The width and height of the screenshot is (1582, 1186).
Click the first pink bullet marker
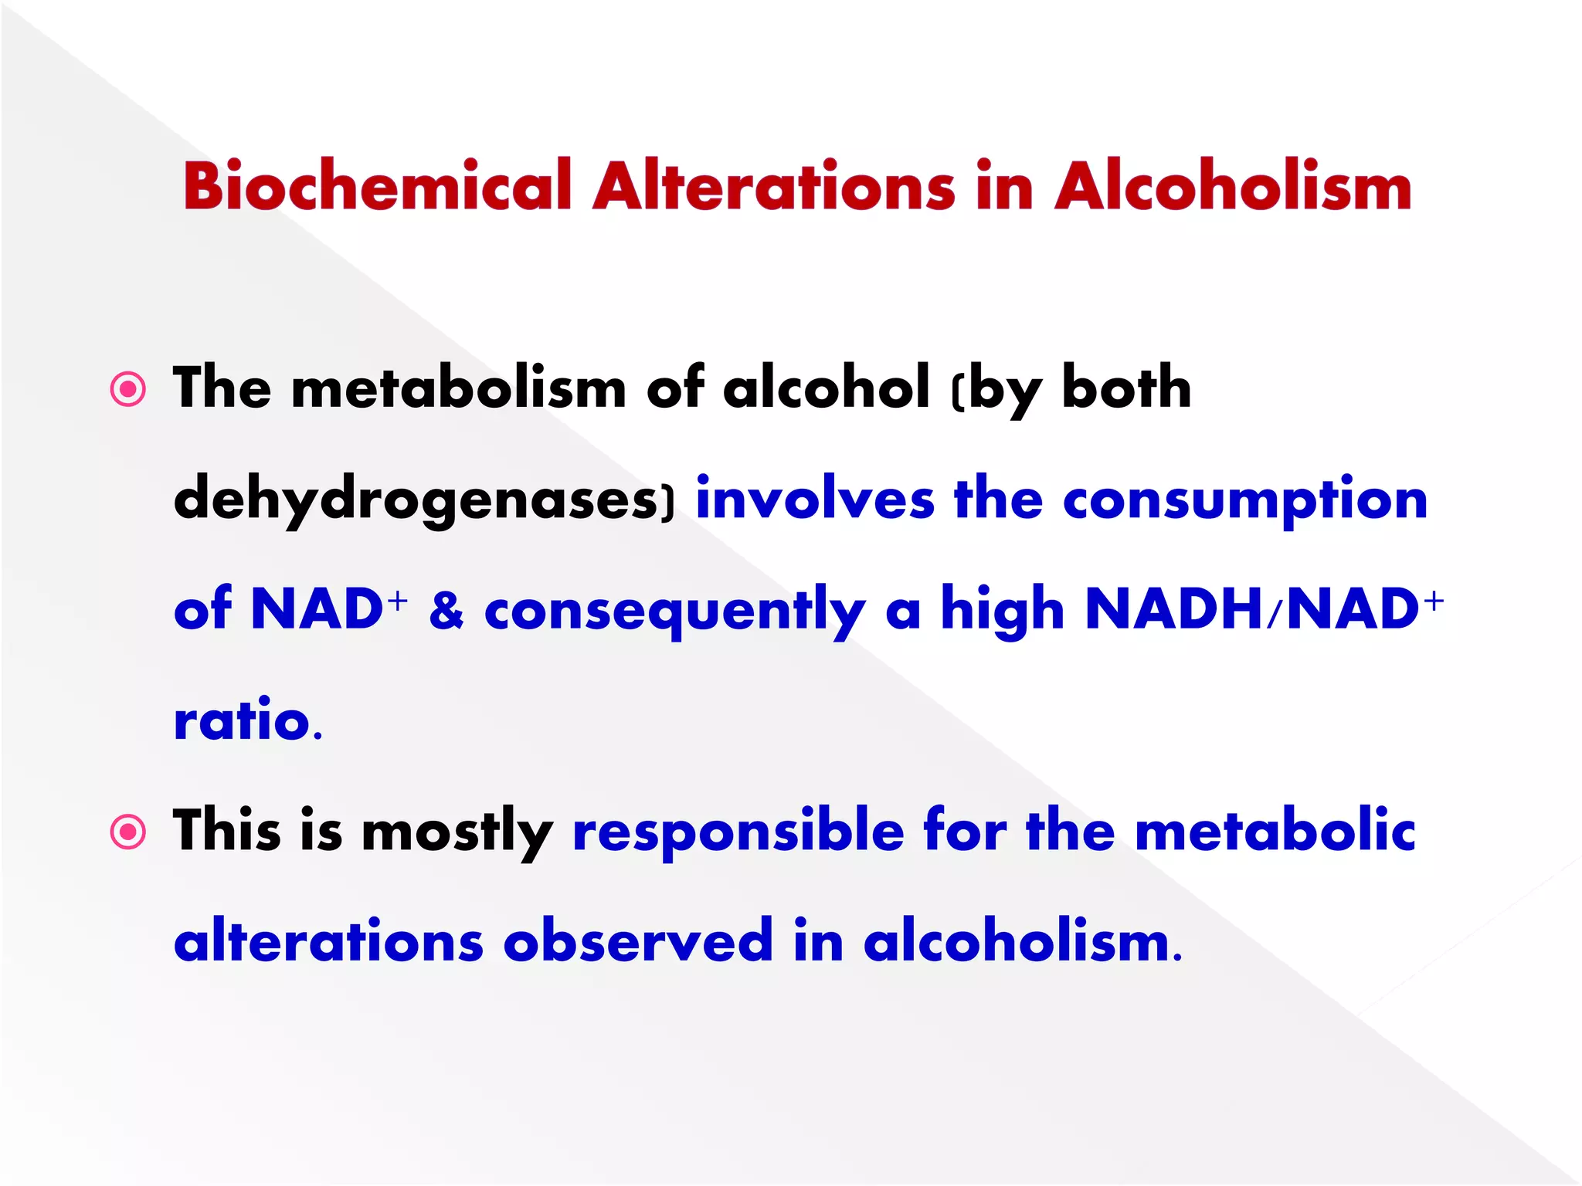[x=128, y=389]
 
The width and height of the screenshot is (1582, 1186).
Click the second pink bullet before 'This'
[x=128, y=833]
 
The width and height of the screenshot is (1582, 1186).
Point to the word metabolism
[x=458, y=388]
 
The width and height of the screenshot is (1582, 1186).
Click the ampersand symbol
[x=446, y=610]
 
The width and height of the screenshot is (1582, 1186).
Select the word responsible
[x=738, y=832]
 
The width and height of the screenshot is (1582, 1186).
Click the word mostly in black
[x=457, y=832]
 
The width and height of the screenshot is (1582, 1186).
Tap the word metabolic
[x=1275, y=831]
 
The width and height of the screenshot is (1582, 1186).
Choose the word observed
[x=637, y=941]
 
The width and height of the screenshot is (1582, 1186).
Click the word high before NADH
[x=1002, y=610]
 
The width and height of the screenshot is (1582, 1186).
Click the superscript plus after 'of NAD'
[x=398, y=599]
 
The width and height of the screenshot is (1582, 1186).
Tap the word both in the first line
[x=1126, y=388]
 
